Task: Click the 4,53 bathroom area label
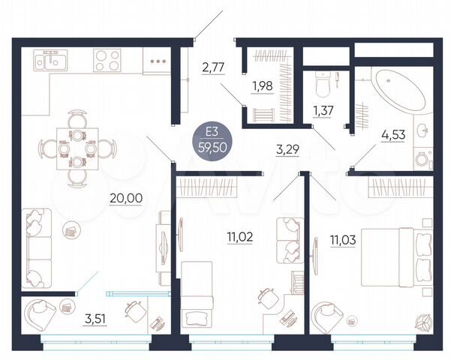click(394, 136)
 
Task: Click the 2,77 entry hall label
click(214, 70)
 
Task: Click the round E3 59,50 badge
click(213, 139)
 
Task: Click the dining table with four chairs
click(78, 148)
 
